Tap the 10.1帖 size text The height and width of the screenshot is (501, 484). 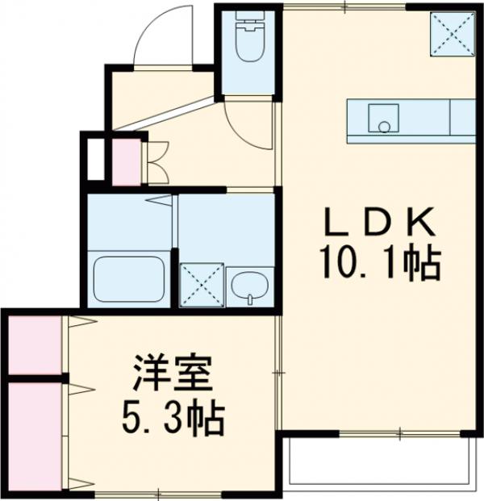tap(379, 262)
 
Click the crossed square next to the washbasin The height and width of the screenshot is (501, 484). tap(200, 285)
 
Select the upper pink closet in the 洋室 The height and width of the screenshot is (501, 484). tap(35, 345)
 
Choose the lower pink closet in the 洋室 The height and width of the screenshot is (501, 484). tap(35, 436)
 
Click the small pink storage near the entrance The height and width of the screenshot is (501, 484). tap(125, 162)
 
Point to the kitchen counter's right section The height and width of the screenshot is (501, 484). tap(461, 117)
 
